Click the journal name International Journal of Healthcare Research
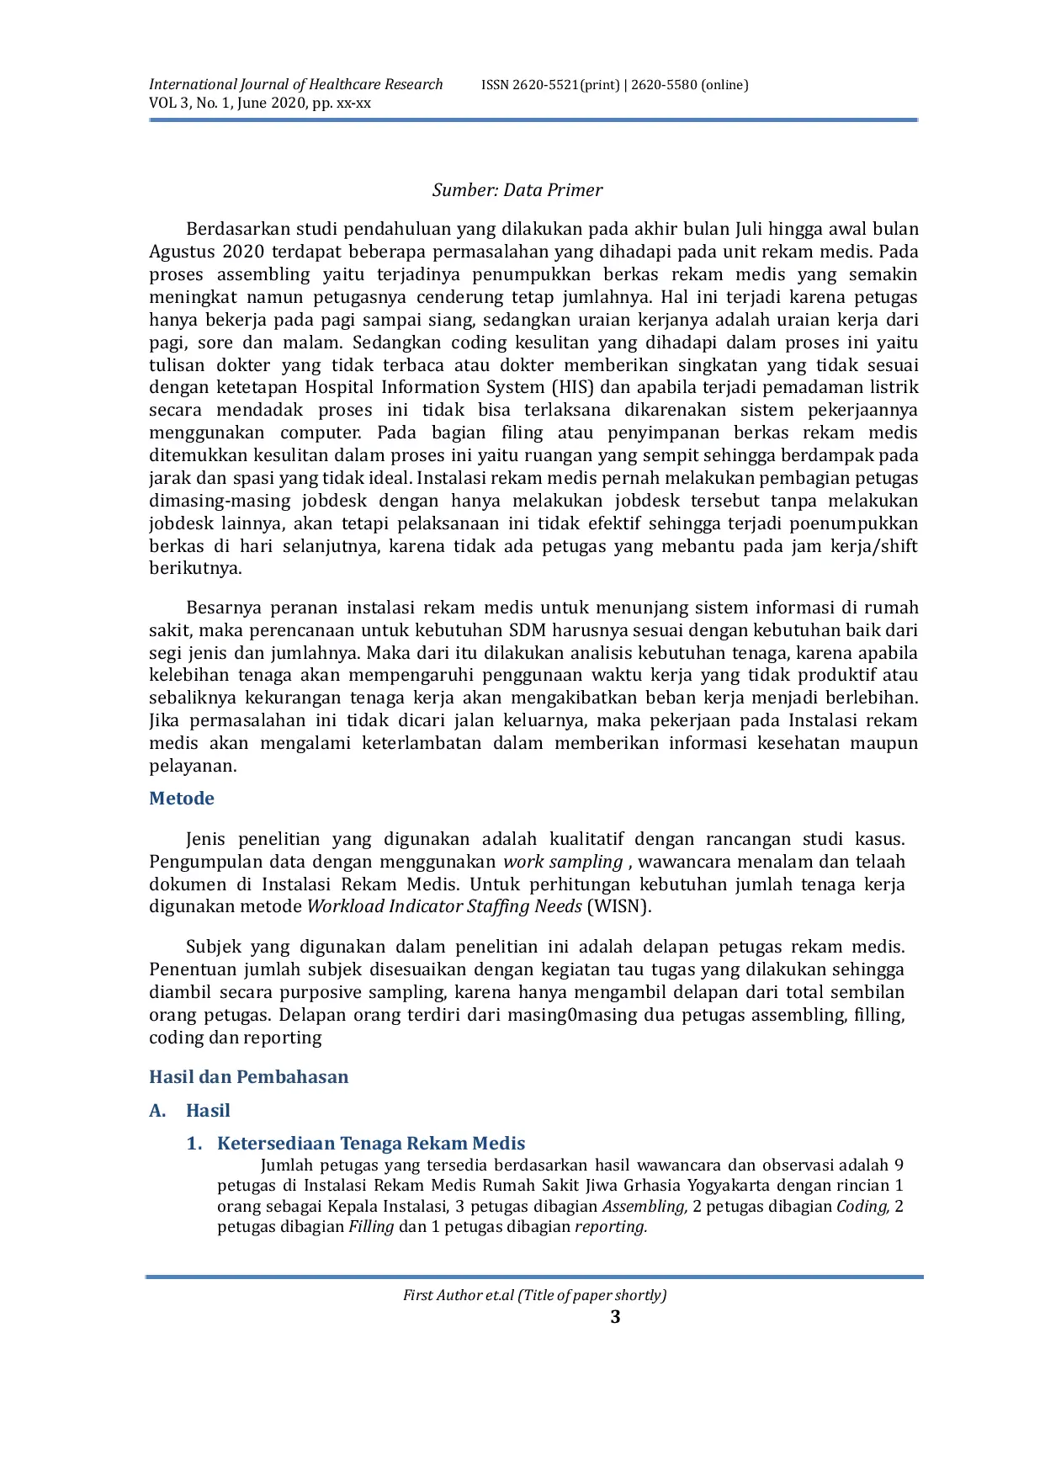[295, 84]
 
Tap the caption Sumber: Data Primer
[517, 190]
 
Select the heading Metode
[182, 799]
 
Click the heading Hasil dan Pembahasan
[248, 1077]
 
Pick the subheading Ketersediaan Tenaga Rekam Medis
[371, 1144]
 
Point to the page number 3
[615, 1317]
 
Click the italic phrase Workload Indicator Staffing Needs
[444, 906]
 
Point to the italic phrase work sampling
[563, 862]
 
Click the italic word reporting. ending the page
[611, 1227]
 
